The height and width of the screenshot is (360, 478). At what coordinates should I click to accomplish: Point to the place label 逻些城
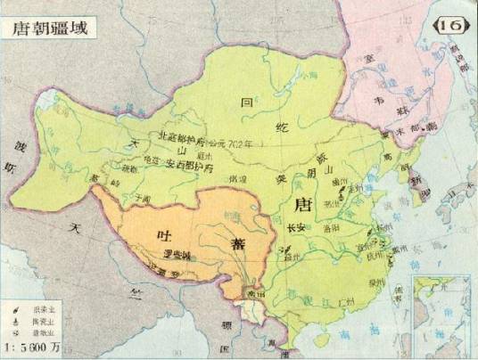pyautogui.click(x=178, y=258)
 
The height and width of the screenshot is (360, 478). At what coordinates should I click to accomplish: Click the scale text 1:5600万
pyautogui.click(x=36, y=347)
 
